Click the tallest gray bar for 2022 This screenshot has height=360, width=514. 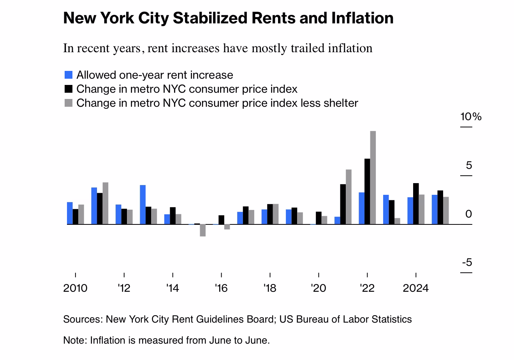point(373,177)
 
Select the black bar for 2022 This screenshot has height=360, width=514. point(367,191)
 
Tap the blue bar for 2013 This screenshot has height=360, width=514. point(143,205)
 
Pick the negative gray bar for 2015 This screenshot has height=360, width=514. point(202,230)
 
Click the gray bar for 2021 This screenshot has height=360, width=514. point(349,197)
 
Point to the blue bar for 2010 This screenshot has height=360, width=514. point(70,213)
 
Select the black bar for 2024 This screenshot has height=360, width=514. point(416,204)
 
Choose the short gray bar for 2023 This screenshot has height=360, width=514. point(397,221)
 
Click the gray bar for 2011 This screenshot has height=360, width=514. point(105,203)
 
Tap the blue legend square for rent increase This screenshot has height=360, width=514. point(69,75)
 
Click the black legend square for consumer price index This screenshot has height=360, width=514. point(69,89)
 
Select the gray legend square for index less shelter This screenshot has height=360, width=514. point(69,103)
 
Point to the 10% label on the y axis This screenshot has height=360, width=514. point(471,116)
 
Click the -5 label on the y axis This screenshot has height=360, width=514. point(467,263)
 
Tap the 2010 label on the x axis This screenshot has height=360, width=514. point(75,288)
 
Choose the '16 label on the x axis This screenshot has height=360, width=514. point(221,288)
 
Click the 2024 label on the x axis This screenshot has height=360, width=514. point(415,288)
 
